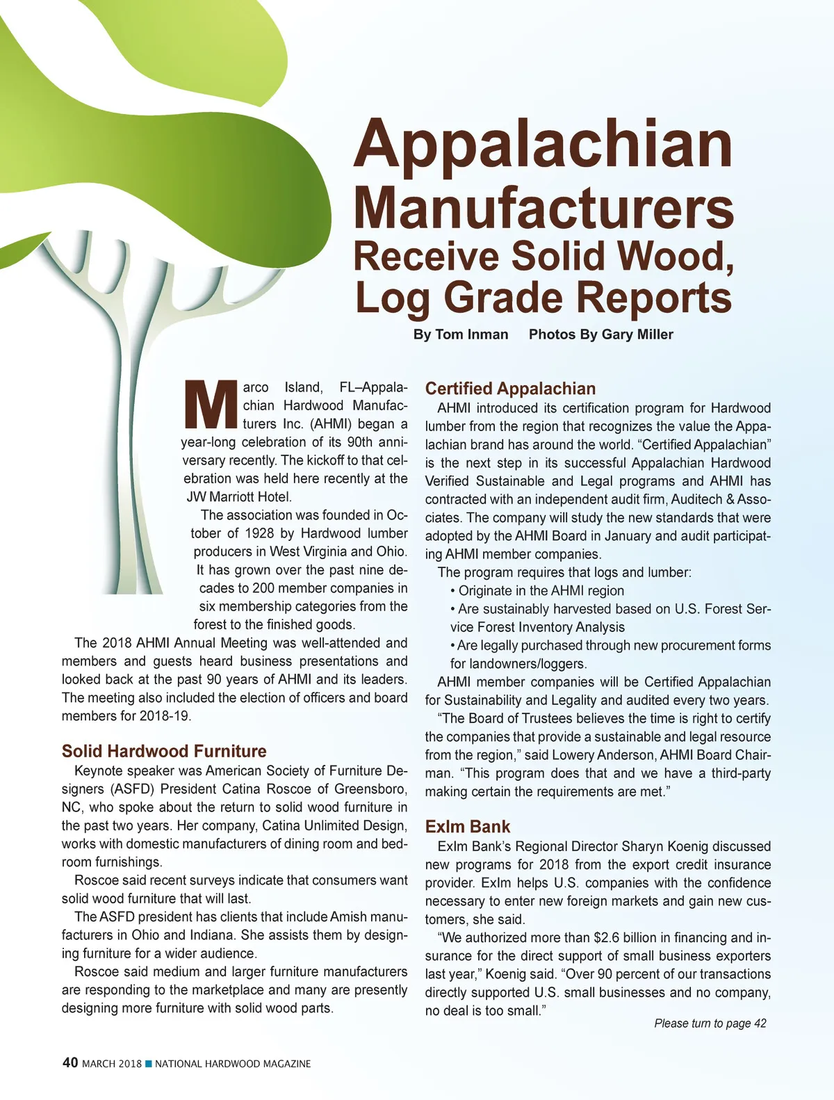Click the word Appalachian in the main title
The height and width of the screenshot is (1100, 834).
pyautogui.click(x=543, y=144)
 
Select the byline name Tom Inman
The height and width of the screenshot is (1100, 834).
pyautogui.click(x=471, y=334)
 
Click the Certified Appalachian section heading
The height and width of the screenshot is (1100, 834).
pyautogui.click(x=510, y=389)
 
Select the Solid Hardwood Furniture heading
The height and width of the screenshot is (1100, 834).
pyautogui.click(x=164, y=751)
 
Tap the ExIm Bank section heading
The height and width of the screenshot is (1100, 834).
pyautogui.click(x=468, y=827)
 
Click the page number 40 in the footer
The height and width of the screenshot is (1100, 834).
pyautogui.click(x=70, y=1063)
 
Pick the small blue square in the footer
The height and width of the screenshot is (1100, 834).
pyautogui.click(x=148, y=1064)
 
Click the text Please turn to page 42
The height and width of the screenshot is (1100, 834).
pyautogui.click(x=710, y=1024)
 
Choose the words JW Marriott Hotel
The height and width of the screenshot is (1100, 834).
pyautogui.click(x=239, y=497)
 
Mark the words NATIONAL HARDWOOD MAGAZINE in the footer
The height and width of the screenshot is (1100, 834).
pyautogui.click(x=233, y=1064)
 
